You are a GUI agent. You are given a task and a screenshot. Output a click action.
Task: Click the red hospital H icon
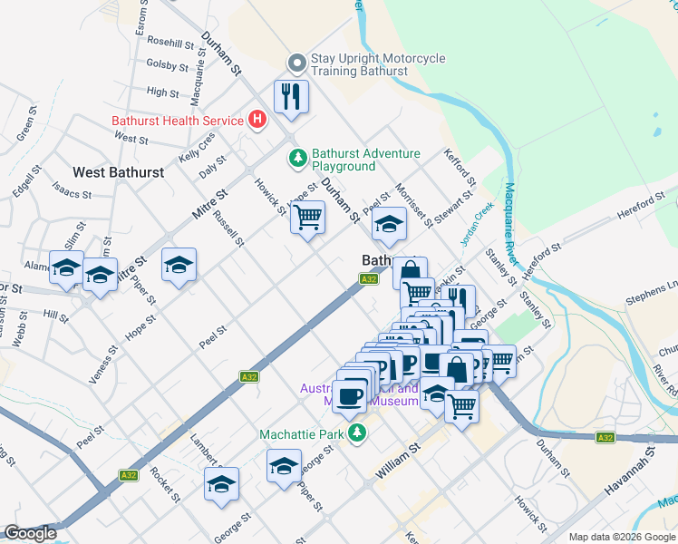258,120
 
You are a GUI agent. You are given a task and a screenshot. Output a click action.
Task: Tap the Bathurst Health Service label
177,121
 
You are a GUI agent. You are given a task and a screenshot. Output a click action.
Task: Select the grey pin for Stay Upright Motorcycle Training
296,63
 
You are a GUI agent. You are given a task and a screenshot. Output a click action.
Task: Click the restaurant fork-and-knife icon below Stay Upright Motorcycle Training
291,96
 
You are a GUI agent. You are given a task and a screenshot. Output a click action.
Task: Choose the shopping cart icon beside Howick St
307,218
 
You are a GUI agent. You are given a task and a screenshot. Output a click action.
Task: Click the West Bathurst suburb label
118,172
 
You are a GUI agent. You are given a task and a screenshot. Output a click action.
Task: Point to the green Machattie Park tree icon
358,433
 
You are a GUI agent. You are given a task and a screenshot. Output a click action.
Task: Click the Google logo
31,533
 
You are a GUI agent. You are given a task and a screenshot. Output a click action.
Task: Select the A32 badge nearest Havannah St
605,438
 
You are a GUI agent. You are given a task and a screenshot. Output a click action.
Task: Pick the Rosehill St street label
170,43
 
